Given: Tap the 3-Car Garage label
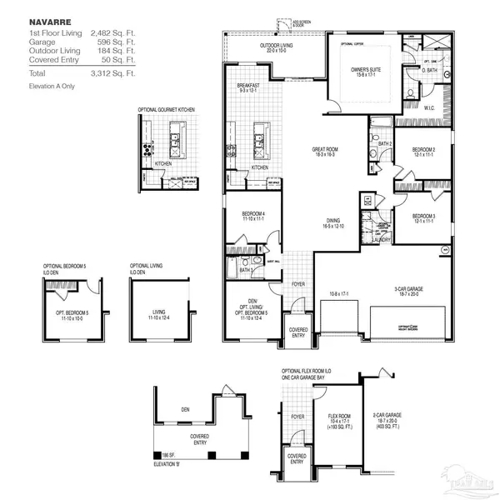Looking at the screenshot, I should click(406, 289).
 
